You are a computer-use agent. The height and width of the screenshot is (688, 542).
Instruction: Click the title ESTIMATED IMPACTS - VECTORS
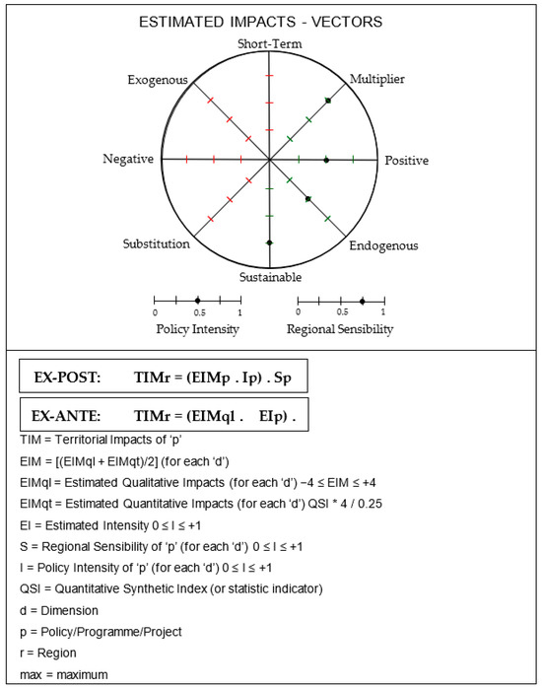269,22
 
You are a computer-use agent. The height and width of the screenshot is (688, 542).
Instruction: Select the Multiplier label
377,79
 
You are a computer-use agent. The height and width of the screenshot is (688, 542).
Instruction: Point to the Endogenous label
384,245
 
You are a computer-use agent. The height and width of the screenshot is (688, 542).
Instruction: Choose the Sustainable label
270,277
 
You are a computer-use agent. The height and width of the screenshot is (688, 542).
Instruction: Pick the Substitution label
157,243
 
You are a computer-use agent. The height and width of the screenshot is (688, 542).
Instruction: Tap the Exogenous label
157,79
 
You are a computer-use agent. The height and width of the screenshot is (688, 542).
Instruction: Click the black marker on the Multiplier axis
328,101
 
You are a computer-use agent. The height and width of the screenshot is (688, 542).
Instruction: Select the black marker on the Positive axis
326,160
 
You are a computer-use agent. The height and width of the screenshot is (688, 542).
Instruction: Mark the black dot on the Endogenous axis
308,199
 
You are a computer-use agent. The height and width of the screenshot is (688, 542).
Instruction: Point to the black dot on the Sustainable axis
269,242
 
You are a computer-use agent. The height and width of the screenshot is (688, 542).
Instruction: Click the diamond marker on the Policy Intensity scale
197,300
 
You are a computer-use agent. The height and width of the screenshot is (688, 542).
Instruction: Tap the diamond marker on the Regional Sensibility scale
363,300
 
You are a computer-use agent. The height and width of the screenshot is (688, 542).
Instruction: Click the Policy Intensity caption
197,327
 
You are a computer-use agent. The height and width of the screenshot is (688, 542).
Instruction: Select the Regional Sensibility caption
340,327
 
